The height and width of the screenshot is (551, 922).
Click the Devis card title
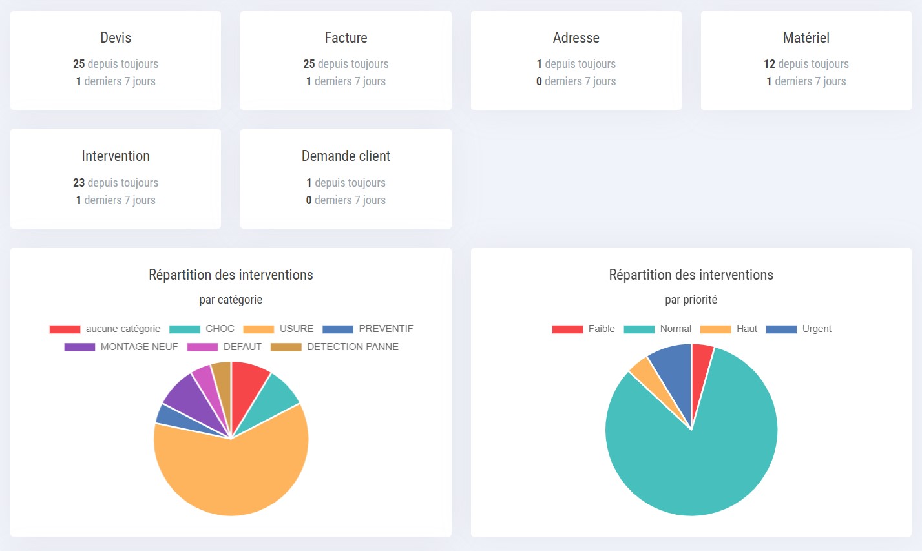coord(116,37)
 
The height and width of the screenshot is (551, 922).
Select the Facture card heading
coord(346,37)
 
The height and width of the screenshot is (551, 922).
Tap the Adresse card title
coord(576,37)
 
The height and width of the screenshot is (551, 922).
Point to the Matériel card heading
coord(806,37)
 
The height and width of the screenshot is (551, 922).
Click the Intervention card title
coord(116,156)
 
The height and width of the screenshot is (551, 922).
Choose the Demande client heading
coord(346,156)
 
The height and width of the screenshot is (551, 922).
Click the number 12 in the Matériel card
coord(769,64)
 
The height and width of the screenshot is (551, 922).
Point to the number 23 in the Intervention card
coord(79,183)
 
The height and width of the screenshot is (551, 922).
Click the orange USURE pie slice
coord(239,478)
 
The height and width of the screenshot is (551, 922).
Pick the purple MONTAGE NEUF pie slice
coord(191,400)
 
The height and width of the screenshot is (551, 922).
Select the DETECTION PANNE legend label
coord(352,347)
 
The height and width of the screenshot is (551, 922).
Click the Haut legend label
coord(746,329)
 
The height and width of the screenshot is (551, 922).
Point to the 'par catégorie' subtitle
coord(231,300)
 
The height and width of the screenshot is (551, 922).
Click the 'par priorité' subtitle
coord(691,300)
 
